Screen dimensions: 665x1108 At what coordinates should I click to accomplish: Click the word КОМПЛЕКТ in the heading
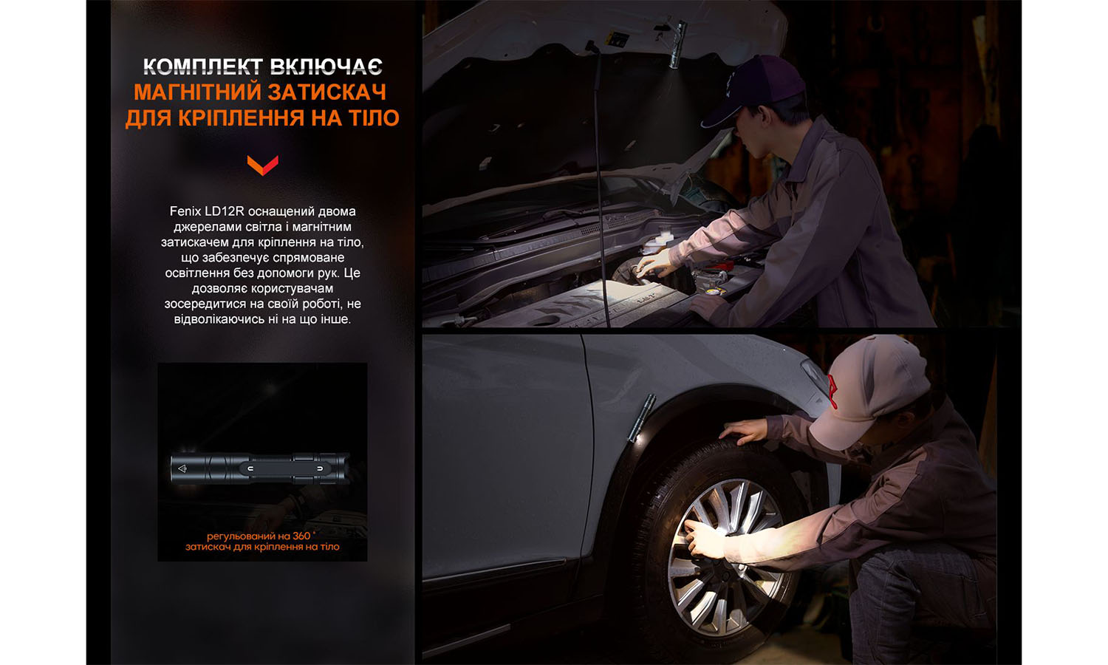202,67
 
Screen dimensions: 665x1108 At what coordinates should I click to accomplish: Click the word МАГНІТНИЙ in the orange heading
196,92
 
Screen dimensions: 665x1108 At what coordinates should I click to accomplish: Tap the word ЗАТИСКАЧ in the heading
326,92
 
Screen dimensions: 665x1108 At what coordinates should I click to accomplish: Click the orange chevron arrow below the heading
262,164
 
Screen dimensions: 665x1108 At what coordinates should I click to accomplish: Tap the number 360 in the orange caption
301,536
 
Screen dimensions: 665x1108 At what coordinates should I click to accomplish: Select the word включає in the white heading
326,67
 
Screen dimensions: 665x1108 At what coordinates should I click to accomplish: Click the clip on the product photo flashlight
284,468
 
